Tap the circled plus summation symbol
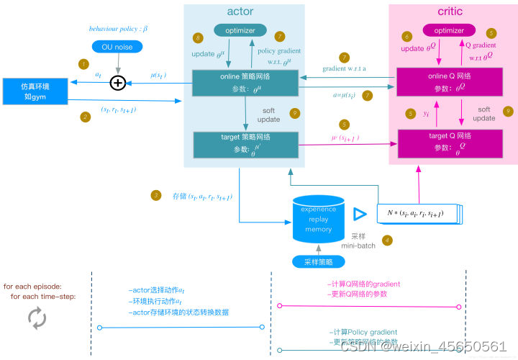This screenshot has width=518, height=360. (117, 84)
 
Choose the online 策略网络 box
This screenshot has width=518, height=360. (246, 83)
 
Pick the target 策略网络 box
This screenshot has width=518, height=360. (246, 144)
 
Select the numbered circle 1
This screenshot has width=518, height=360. (84, 63)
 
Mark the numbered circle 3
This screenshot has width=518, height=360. (155, 195)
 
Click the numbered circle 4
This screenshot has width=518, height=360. (387, 240)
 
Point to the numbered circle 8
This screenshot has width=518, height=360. (199, 37)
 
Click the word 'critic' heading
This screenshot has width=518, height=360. (450, 12)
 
